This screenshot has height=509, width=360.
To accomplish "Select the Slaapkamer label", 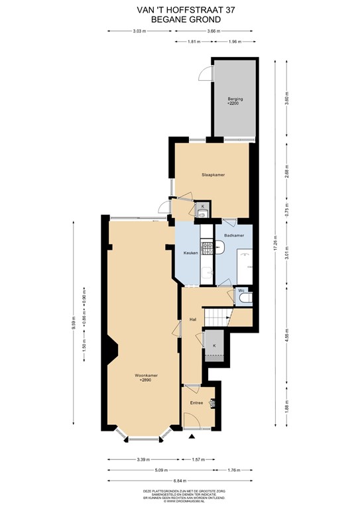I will pyautogui.click(x=213, y=174).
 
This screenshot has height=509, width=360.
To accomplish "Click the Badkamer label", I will pyautogui.click(x=234, y=235).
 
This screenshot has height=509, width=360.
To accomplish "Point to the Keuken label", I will pyautogui.click(x=191, y=253).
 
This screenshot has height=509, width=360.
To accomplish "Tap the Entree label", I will pyautogui.click(x=197, y=402).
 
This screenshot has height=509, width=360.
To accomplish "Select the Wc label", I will pyautogui.click(x=241, y=290).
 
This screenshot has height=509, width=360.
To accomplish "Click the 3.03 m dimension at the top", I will pyautogui.click(x=138, y=30).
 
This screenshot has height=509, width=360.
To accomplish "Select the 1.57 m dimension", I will pyautogui.click(x=196, y=459).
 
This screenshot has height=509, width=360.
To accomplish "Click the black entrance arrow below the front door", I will pyautogui.click(x=192, y=437).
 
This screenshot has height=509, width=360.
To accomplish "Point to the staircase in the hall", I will pyautogui.click(x=217, y=319).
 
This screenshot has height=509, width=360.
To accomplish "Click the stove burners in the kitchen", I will pyautogui.click(x=207, y=249).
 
